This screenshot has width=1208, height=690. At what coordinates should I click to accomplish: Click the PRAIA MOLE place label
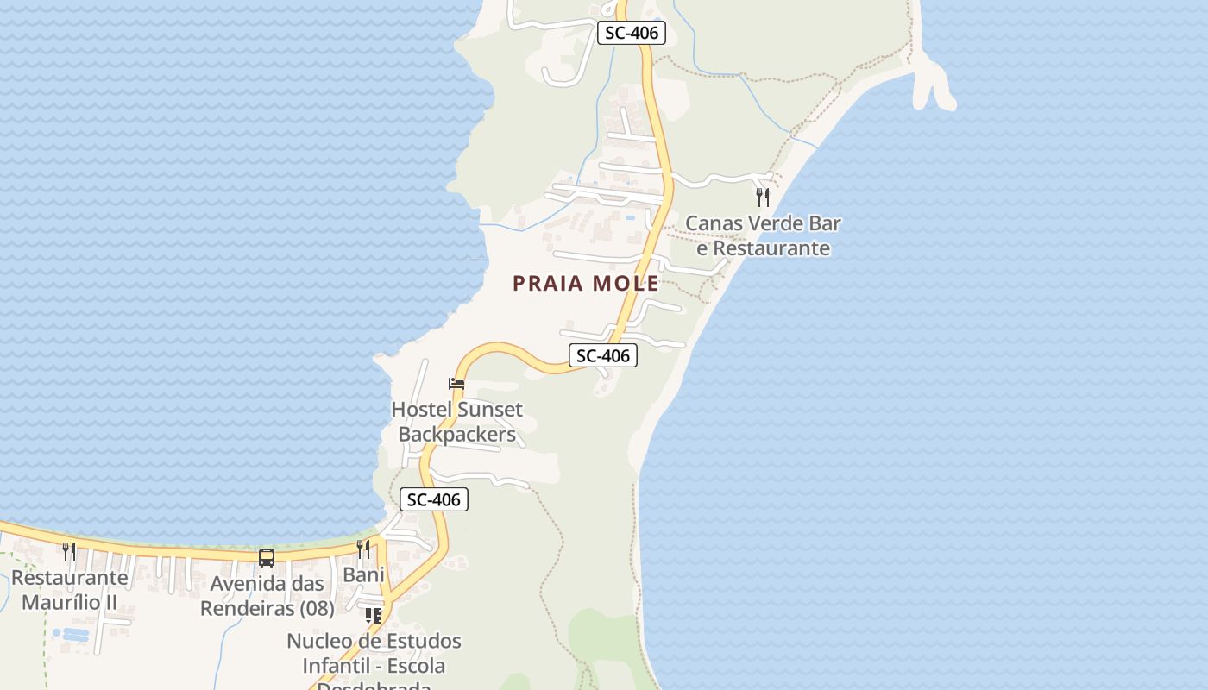pyautogui.click(x=586, y=283)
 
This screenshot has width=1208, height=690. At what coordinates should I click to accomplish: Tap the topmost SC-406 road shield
pyautogui.click(x=632, y=34)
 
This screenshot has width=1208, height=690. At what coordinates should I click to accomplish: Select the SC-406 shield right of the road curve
pyautogui.click(x=602, y=355)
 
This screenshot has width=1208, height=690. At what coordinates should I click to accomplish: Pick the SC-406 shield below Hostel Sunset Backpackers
pyautogui.click(x=434, y=499)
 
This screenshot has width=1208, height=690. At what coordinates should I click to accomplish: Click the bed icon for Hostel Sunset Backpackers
pyautogui.click(x=456, y=384)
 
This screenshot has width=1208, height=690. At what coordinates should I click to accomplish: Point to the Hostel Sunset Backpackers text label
pyautogui.click(x=457, y=422)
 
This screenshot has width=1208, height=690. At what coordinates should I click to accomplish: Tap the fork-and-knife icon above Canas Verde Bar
pyautogui.click(x=763, y=197)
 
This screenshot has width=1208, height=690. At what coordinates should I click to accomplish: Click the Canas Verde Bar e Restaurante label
pyautogui.click(x=763, y=236)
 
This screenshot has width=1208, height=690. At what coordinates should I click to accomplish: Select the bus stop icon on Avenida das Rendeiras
pyautogui.click(x=267, y=558)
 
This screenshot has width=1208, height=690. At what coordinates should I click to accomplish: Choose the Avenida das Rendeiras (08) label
pyautogui.click(x=267, y=596)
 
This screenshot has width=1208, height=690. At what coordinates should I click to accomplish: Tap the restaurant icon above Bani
pyautogui.click(x=364, y=549)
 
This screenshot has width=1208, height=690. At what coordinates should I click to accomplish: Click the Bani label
pyautogui.click(x=363, y=574)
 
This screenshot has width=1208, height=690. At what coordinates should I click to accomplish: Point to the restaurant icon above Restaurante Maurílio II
pyautogui.click(x=69, y=551)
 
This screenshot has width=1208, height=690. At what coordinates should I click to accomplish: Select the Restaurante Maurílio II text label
pyautogui.click(x=69, y=590)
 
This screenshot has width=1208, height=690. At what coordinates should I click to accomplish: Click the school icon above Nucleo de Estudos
pyautogui.click(x=373, y=616)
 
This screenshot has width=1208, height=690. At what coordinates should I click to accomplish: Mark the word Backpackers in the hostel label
pyautogui.click(x=457, y=434)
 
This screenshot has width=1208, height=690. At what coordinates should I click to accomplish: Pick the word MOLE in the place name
pyautogui.click(x=625, y=283)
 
